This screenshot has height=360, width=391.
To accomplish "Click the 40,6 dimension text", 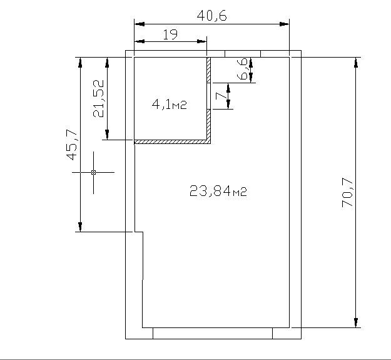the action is pyautogui.click(x=211, y=16).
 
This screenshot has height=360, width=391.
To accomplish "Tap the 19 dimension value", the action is pyautogui.click(x=170, y=34).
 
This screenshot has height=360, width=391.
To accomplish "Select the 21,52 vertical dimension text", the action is pyautogui.click(x=99, y=98).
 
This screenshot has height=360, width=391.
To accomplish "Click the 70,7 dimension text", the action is pyautogui.click(x=347, y=192).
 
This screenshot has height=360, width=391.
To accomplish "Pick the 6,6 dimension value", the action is pyautogui.click(x=243, y=69).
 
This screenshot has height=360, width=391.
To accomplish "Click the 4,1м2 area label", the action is pyautogui.click(x=170, y=105).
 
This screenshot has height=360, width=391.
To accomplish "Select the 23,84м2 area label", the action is pyautogui.click(x=218, y=191).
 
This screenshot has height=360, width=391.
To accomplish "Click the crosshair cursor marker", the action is pyautogui.click(x=93, y=172).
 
